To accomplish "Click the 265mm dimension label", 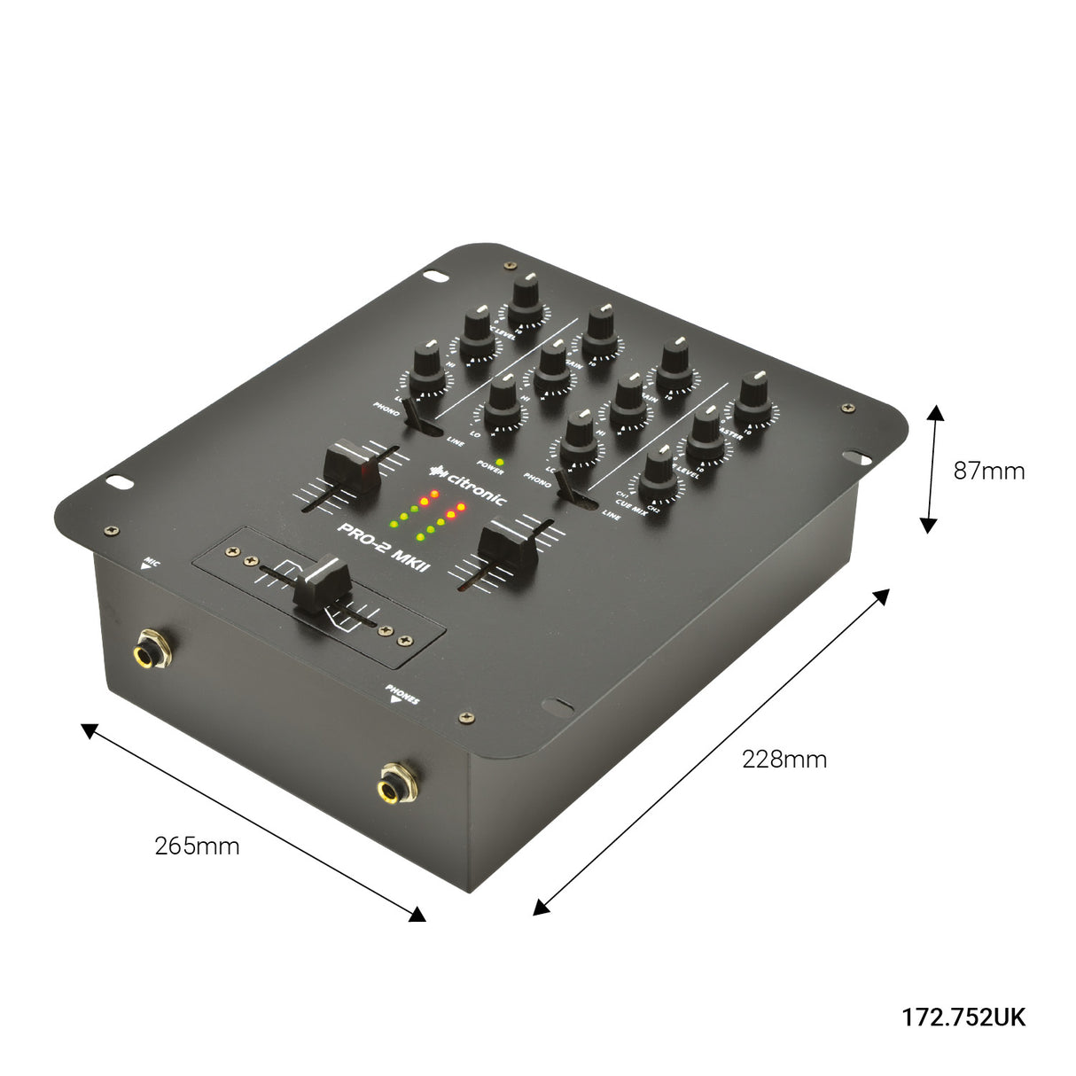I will click(x=197, y=846).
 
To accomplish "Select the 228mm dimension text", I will click(x=784, y=759).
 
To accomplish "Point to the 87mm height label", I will click(x=988, y=471).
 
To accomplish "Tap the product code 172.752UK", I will click(x=963, y=1017).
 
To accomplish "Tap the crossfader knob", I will click(x=320, y=581).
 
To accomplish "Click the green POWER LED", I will click(x=500, y=462).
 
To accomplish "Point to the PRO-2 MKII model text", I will click(x=384, y=548).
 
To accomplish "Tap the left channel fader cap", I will click(x=353, y=468).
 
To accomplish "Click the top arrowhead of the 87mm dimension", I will click(x=934, y=412).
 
